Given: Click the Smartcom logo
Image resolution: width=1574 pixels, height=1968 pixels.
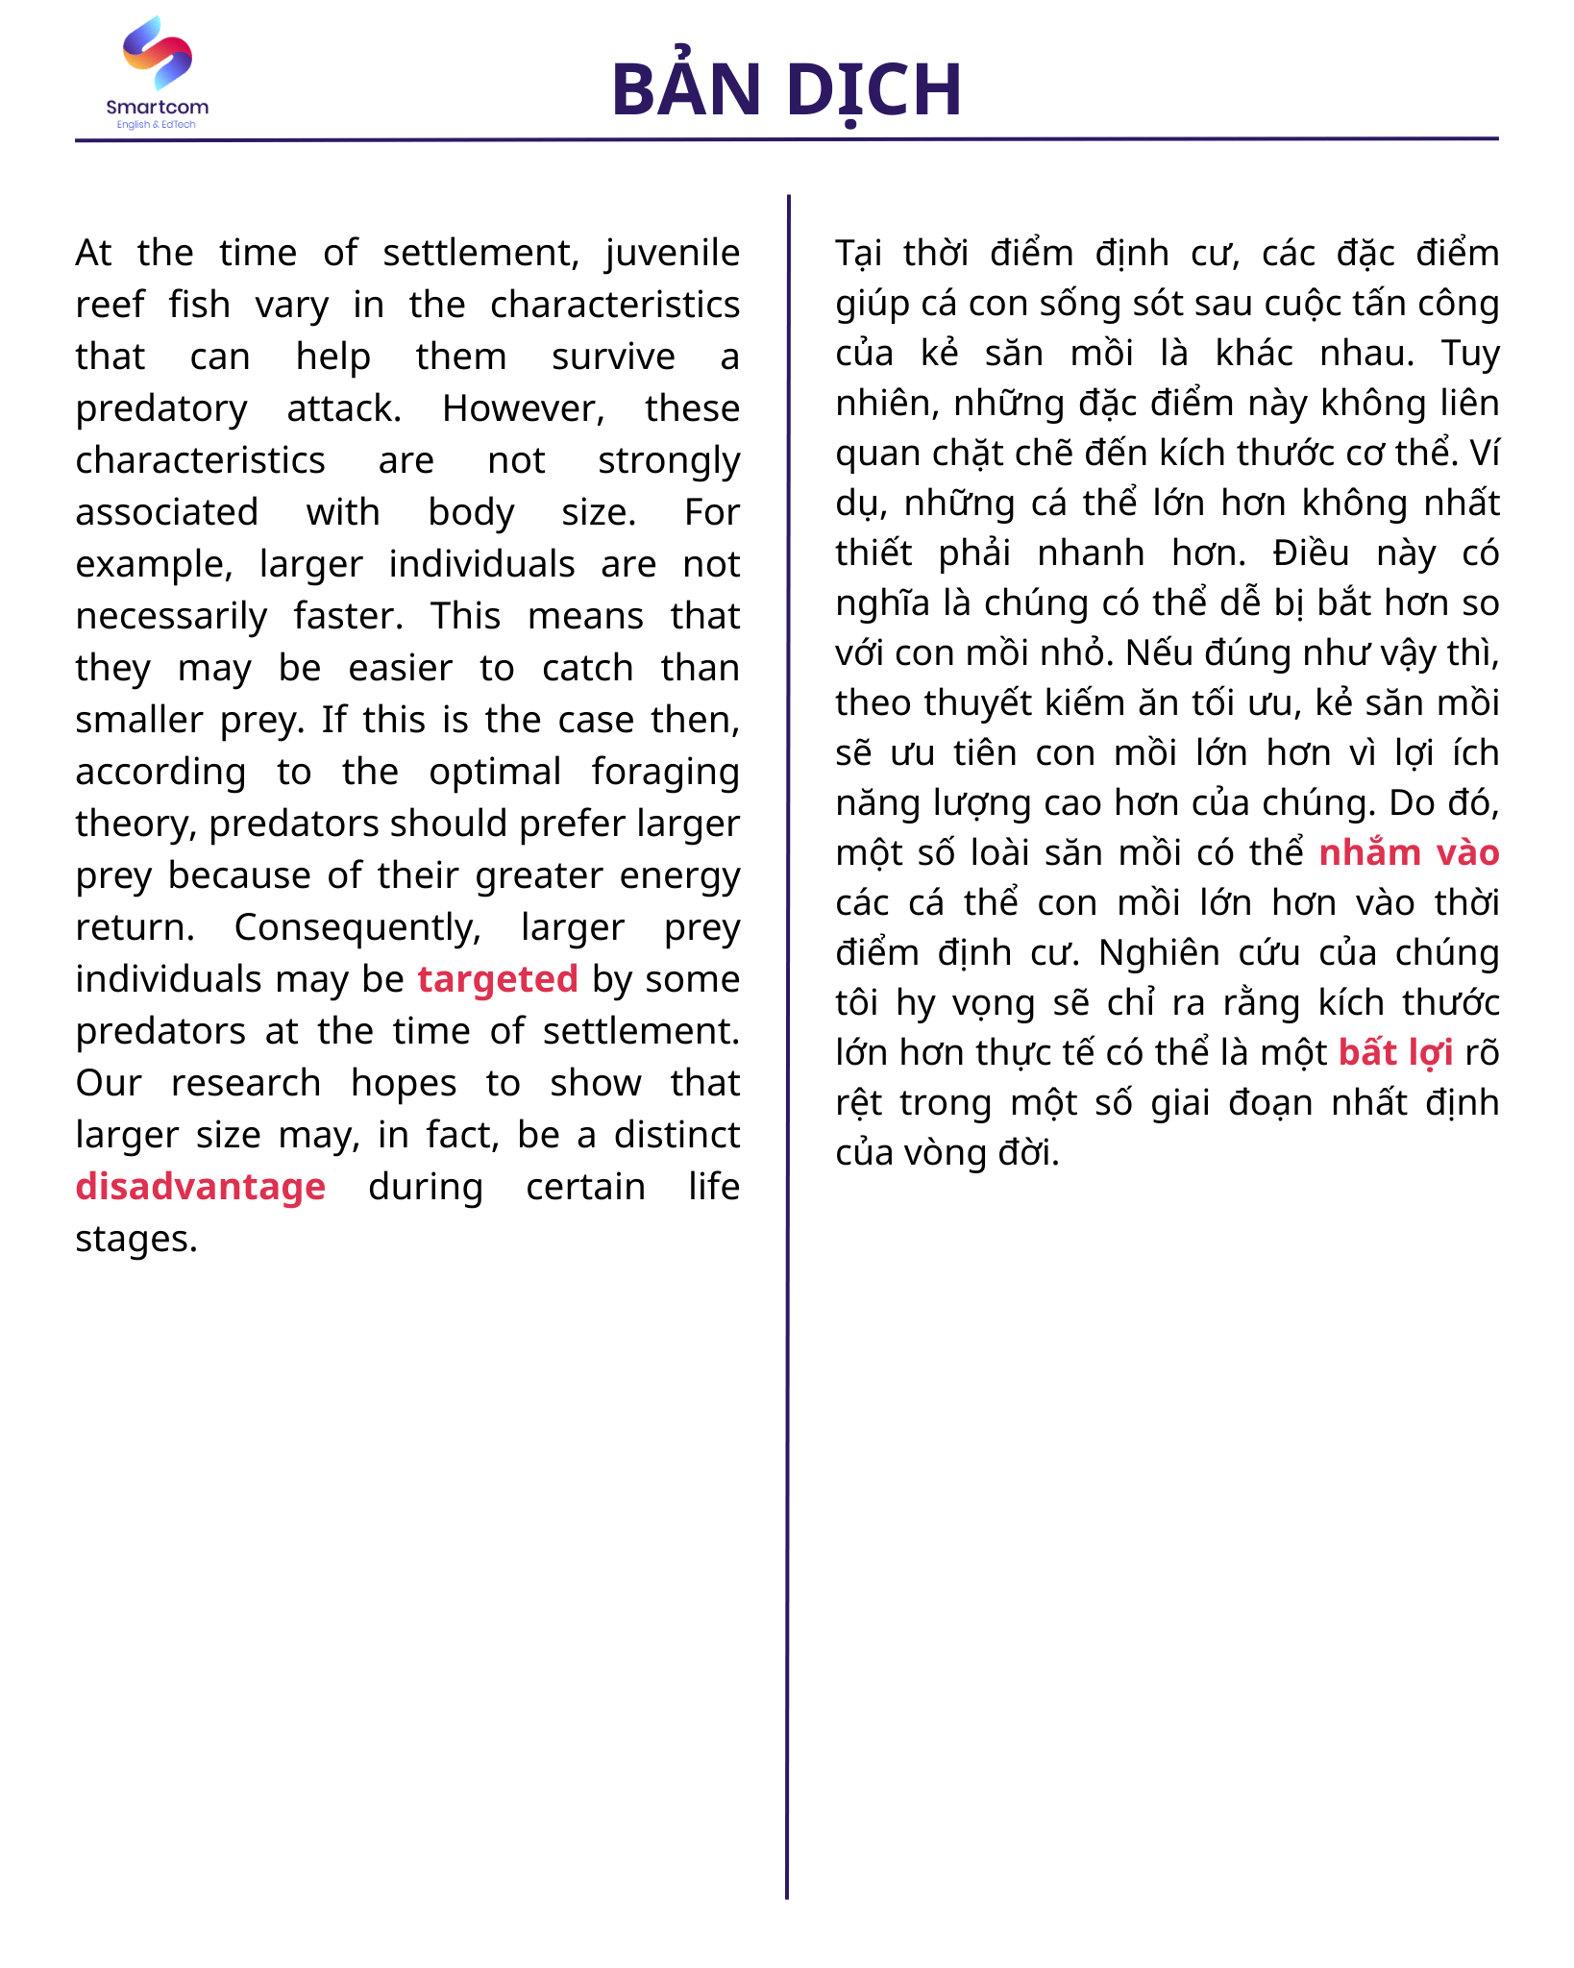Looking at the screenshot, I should pyautogui.click(x=157, y=73).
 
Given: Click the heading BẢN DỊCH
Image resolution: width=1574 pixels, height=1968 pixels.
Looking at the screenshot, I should pyautogui.click(x=786, y=89).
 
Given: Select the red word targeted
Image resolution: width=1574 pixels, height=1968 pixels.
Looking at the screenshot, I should pyautogui.click(x=498, y=979).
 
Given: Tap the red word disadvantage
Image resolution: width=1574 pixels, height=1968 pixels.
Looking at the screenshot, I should pyautogui.click(x=201, y=1187).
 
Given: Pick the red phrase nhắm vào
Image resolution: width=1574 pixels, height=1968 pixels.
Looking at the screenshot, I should pyautogui.click(x=1409, y=853).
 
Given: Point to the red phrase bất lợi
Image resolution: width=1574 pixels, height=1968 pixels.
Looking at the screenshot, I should pyautogui.click(x=1395, y=1053).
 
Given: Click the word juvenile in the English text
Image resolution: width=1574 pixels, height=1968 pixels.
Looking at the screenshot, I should pyautogui.click(x=673, y=254).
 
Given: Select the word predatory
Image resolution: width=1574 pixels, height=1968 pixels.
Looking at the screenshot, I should pyautogui.click(x=161, y=409).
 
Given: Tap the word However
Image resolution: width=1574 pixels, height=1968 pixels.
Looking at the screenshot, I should pyautogui.click(x=523, y=409).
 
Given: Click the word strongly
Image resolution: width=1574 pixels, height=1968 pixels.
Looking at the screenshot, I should pyautogui.click(x=669, y=461).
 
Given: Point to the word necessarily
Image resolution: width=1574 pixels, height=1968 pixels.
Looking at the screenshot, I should pyautogui.click(x=172, y=617).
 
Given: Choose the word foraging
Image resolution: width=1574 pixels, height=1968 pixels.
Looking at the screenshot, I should pyautogui.click(x=665, y=773).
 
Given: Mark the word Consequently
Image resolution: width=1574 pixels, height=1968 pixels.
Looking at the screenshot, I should pyautogui.click(x=357, y=928).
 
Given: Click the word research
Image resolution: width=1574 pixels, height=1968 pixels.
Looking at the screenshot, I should pyautogui.click(x=246, y=1084).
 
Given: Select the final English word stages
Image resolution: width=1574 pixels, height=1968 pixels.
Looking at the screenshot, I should pyautogui.click(x=136, y=1240).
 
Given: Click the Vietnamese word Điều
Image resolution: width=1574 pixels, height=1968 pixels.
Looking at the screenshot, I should pyautogui.click(x=1311, y=553).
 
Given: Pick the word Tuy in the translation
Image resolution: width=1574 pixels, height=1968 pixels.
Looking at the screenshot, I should pyautogui.click(x=1470, y=354).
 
